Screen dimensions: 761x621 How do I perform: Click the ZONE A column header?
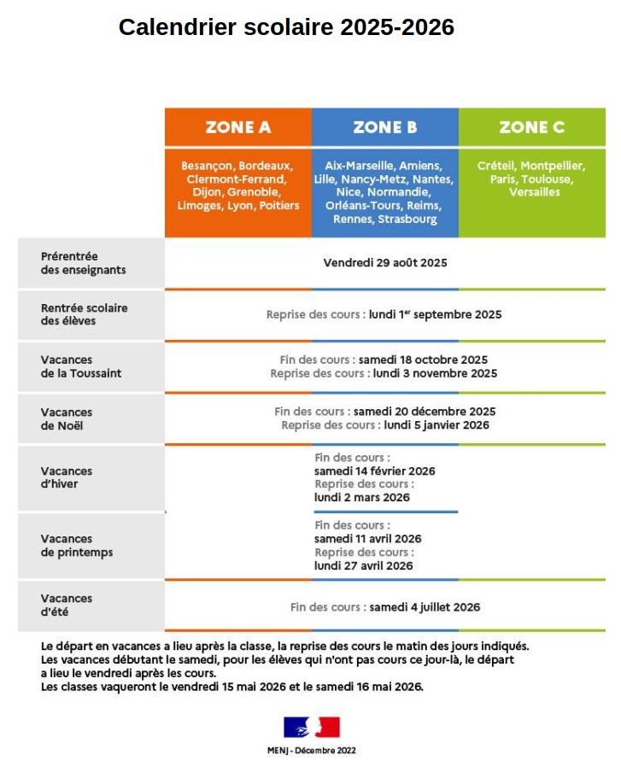point(238,127)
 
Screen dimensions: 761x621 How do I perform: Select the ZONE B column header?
point(385,127)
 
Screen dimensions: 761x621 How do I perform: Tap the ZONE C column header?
point(531,127)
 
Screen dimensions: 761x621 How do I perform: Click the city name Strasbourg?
point(408,220)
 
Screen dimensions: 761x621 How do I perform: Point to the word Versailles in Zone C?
point(535,192)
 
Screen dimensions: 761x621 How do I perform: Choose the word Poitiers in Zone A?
point(280,206)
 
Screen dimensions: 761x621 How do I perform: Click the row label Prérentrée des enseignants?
point(83,263)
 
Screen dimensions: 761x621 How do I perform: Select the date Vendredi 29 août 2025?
point(385,263)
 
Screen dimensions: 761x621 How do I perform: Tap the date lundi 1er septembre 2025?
point(436,314)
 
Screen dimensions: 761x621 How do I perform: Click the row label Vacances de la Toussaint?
point(81,366)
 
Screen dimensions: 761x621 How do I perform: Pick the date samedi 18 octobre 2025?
point(424,360)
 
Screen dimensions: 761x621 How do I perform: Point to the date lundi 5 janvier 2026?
point(436,424)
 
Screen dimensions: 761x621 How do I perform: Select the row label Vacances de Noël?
point(67,419)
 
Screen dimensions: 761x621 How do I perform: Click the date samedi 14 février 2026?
point(375,471)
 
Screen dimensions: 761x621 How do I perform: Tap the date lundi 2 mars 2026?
point(362,497)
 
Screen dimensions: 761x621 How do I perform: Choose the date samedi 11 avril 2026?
point(368,539)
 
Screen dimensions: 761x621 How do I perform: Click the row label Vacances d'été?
point(67,605)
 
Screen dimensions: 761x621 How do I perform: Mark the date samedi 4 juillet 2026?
point(425,607)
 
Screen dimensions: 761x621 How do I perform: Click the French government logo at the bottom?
point(312,727)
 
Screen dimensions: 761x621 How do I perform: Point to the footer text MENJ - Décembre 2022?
point(312,751)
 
